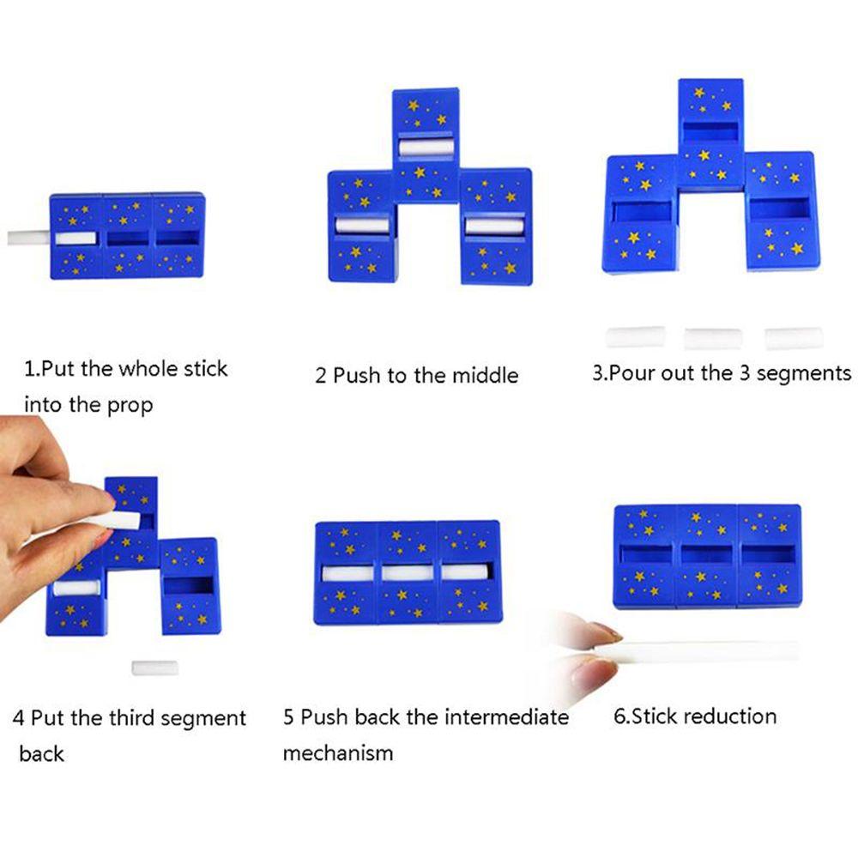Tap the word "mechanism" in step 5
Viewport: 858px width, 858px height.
338,753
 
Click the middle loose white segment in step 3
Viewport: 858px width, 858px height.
712,338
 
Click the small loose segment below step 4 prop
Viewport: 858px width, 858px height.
155,668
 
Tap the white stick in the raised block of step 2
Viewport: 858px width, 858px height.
426,147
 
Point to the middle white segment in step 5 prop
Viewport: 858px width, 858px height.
408,572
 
